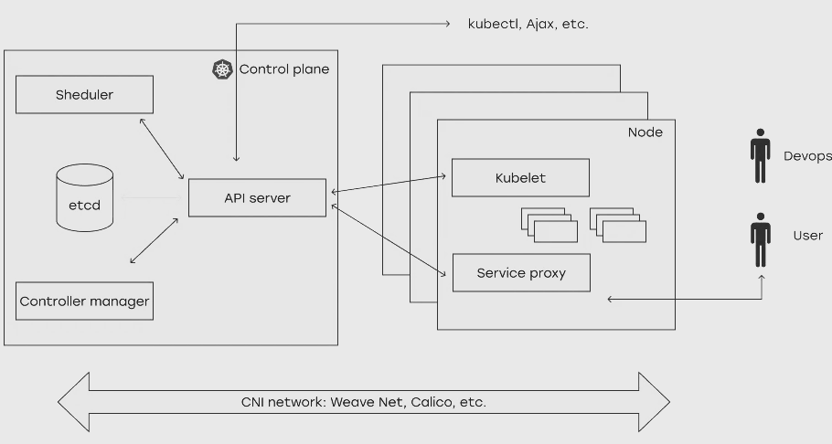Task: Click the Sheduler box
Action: click(84, 95)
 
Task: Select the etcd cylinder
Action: click(84, 196)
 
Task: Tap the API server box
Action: click(257, 197)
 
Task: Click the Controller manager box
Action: click(84, 301)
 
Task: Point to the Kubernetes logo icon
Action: click(222, 69)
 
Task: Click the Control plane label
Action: click(283, 69)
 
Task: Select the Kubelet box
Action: click(520, 178)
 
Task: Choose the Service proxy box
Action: click(521, 273)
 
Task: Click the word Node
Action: click(645, 132)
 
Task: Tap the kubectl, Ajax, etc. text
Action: click(528, 24)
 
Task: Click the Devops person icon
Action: click(760, 156)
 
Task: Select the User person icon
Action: click(760, 238)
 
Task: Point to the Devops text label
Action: click(807, 156)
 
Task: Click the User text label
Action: click(807, 236)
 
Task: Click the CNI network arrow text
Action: click(363, 402)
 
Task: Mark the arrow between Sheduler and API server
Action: click(163, 147)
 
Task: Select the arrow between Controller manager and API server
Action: click(155, 241)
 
